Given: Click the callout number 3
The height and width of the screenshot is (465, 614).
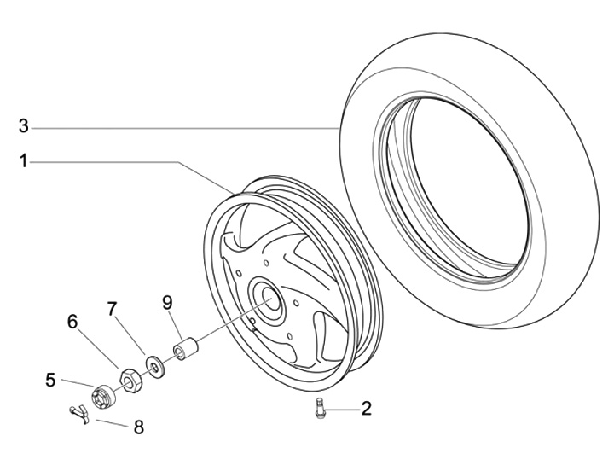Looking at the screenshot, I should coord(24,127).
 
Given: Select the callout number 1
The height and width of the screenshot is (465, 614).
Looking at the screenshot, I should coord(24,160).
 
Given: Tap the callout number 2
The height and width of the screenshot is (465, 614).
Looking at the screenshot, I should coord(366,409).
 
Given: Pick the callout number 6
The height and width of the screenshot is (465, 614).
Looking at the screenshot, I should coord(72,322).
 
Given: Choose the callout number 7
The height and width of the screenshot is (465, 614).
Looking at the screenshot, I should coord(112,309).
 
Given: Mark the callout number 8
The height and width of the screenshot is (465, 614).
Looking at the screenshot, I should coord(138,427).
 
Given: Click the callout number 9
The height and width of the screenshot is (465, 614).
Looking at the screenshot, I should coord(167,301).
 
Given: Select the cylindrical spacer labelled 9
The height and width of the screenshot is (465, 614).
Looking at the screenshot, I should coord(186,350).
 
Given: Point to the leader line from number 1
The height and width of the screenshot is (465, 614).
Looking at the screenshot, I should coord(128,161).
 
